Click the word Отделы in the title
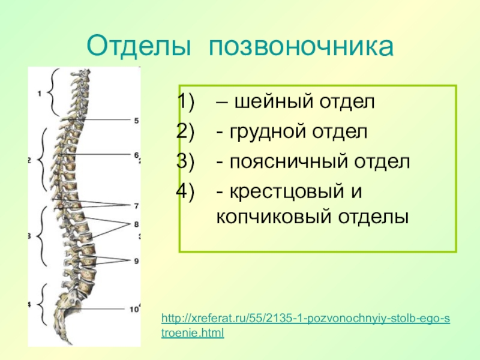point(139,47)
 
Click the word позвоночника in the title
point(301,47)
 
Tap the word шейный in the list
point(274,101)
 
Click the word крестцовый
point(280,192)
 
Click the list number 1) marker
point(185,101)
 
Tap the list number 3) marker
point(185,161)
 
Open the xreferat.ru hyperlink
point(305,325)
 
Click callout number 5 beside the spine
point(136,121)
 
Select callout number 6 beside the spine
point(136,155)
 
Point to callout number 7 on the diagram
point(136,206)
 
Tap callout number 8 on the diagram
point(136,224)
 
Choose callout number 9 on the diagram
point(136,261)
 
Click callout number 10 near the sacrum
point(134,310)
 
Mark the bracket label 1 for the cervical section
point(39,94)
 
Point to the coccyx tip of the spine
point(71,343)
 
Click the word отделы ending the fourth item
point(373,217)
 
